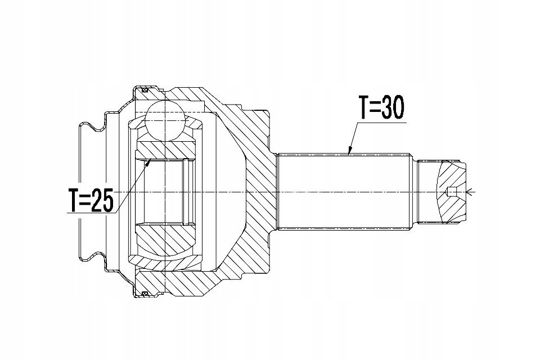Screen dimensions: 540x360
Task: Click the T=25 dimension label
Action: [x=91, y=200]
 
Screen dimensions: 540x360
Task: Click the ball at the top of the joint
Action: [x=165, y=120]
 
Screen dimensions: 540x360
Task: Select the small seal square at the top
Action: [x=145, y=90]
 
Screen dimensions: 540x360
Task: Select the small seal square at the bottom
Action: [x=145, y=294]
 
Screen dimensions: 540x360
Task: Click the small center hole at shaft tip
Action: [x=451, y=192]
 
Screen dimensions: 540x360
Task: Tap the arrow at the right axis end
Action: [x=470, y=192]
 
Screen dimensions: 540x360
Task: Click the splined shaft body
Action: [x=344, y=192]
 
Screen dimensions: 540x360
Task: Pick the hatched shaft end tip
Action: [x=451, y=192]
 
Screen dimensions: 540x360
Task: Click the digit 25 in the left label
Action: [x=102, y=200]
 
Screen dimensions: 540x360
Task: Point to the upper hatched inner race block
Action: [x=165, y=150]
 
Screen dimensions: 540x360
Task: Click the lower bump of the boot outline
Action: [x=92, y=256]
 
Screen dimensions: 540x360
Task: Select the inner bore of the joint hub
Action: [x=165, y=192]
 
